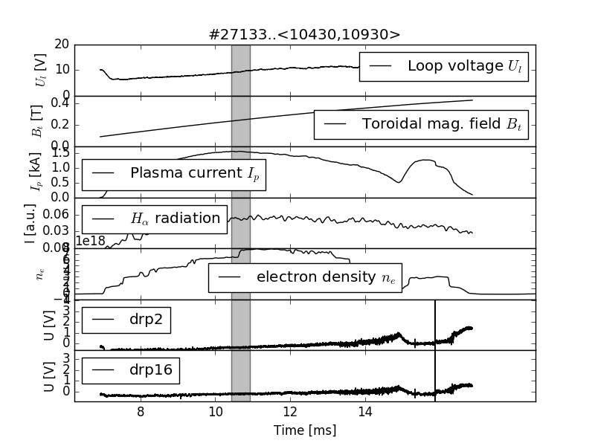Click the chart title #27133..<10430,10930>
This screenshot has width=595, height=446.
[306, 34]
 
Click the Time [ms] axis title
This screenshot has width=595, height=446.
[305, 430]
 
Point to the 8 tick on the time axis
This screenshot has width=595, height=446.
[140, 413]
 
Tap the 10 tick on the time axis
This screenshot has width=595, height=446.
[215, 413]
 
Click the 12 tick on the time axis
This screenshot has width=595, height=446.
[290, 413]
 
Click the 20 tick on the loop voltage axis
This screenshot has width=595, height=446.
[62, 45]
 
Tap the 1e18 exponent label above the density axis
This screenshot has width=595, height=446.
[91, 242]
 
